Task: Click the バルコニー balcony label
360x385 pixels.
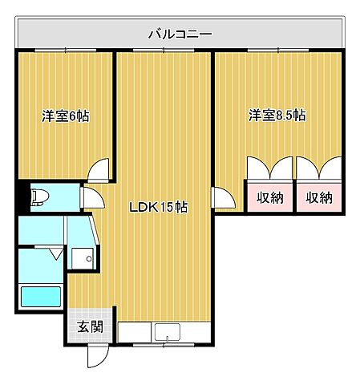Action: coord(180,34)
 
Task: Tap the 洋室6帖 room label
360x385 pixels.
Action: coord(65,115)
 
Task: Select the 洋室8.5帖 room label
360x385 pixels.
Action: coord(277,115)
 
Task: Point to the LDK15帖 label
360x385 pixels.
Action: coord(159,207)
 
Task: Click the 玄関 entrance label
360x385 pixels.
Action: coord(89,326)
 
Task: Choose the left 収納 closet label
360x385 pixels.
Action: coord(270,197)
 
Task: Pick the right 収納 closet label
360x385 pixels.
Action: coord(320,197)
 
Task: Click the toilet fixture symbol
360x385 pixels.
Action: coord(40,197)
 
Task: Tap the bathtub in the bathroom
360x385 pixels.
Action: coord(40,297)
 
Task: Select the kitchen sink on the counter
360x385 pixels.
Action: coord(168,331)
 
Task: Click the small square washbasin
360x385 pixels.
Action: coord(81,257)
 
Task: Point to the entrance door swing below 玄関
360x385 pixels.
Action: coord(96,355)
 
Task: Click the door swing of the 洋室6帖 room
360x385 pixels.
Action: coord(99,169)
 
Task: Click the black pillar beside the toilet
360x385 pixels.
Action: coord(22,197)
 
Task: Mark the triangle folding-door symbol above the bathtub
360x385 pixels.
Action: coord(55,254)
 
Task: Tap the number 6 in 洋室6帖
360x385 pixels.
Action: coord(75,115)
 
